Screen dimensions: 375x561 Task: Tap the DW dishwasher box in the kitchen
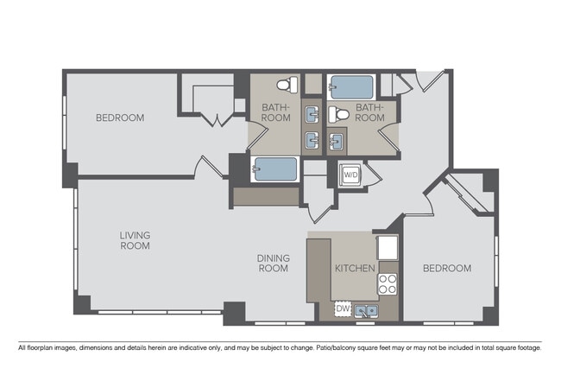coord(343,308)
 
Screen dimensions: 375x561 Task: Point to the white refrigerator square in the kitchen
coord(388,247)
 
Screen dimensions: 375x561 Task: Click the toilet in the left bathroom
coord(288,85)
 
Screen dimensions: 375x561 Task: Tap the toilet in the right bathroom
coord(340,113)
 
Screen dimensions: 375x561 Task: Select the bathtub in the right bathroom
coord(351,87)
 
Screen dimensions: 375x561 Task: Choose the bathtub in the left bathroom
coord(275,169)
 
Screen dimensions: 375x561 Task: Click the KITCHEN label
coord(355,269)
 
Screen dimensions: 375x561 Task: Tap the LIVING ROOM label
coord(135,239)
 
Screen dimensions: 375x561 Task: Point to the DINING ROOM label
coord(272,263)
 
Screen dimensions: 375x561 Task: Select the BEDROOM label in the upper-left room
coord(120,118)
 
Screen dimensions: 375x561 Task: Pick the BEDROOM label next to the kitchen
coord(446,269)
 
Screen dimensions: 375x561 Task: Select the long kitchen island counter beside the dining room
coord(318,268)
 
